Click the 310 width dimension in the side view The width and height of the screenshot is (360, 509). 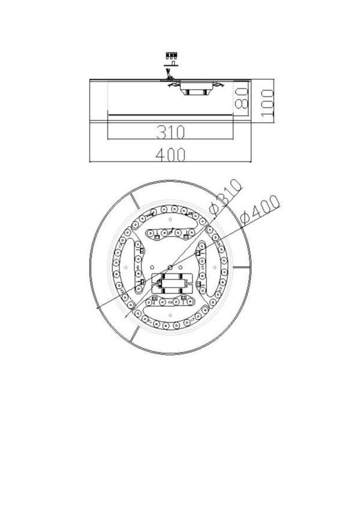click(170, 131)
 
